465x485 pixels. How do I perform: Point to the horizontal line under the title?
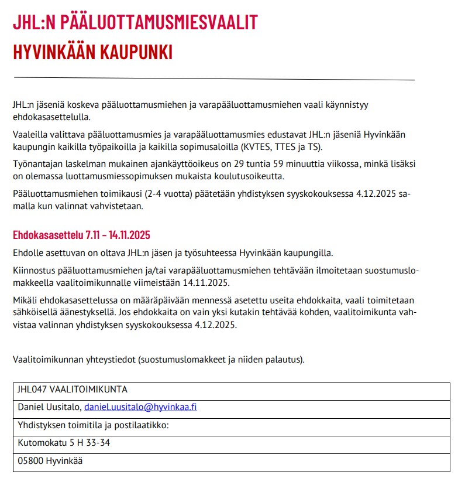[213, 78]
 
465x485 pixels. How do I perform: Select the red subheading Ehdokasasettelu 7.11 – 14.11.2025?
[82, 235]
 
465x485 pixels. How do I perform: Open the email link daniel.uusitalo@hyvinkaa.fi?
[140, 407]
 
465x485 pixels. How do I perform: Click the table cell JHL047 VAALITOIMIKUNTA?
[73, 390]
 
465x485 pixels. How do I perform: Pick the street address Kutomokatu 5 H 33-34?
[64, 442]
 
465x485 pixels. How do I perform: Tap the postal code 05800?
[30, 460]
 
